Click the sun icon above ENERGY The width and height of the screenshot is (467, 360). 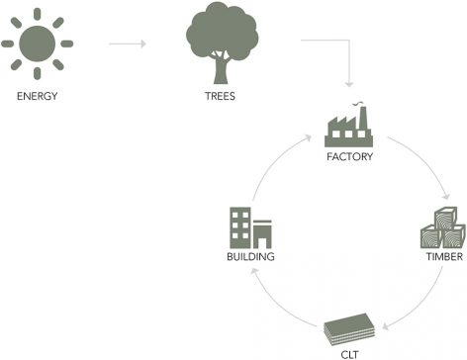click(37, 44)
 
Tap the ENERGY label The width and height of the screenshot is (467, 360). click(38, 96)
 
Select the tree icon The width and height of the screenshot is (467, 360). click(222, 43)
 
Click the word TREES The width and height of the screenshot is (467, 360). click(220, 96)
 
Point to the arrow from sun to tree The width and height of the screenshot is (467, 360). click(128, 44)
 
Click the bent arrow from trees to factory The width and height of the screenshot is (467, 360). click(349, 41)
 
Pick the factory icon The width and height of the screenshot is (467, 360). click(349, 126)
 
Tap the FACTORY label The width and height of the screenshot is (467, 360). click(349, 156)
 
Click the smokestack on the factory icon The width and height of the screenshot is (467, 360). click(363, 118)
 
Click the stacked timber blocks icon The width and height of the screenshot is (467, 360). click(443, 227)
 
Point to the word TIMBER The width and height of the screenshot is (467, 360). click(444, 256)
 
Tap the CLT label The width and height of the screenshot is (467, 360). click(349, 355)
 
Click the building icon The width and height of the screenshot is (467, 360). click(250, 227)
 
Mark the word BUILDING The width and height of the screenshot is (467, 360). click(250, 256)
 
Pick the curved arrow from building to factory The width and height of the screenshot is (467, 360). click(270, 161)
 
